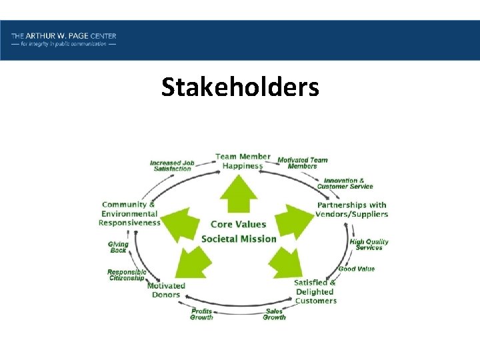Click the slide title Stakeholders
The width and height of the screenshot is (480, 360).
240,87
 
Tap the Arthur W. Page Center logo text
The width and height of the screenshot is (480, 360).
63,39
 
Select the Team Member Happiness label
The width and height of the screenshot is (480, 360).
243,161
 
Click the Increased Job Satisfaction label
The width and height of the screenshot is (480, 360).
172,166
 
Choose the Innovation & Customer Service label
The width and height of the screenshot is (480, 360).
348,183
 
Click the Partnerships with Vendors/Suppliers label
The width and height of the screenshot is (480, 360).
352,209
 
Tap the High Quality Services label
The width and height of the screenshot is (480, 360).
369,245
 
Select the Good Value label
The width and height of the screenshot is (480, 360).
357,269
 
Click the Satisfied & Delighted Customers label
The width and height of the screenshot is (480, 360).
315,291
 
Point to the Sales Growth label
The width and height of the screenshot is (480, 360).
274,314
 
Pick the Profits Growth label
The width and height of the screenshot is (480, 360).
201,314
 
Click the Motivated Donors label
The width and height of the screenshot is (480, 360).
166,290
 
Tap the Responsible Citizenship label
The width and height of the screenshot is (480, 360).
127,275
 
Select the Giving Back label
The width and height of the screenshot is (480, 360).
118,247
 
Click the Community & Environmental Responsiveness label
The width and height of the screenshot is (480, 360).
129,213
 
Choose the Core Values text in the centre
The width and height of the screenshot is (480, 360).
238,225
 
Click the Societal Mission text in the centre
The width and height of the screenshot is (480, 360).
239,239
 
